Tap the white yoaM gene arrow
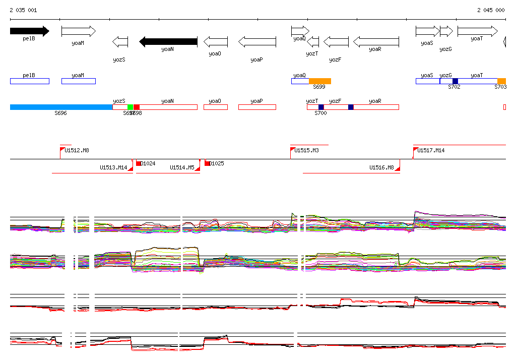point(78,31)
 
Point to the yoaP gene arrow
point(257,41)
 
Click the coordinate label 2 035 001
point(23,10)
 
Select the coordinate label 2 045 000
point(491,10)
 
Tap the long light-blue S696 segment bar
point(61,107)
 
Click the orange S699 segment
point(320,81)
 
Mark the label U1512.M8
point(77,150)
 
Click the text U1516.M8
point(381,167)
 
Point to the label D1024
point(148,163)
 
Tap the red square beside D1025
point(207,163)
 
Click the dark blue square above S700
point(321,107)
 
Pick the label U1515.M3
point(307,150)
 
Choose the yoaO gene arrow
point(215,41)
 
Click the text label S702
point(454,87)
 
